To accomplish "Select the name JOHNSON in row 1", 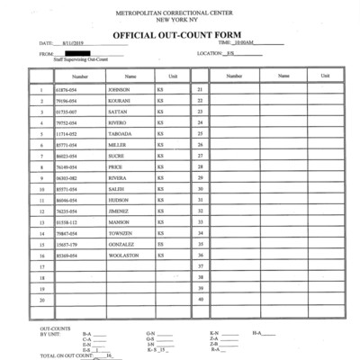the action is coord(119,90).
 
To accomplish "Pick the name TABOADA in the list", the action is coord(119,133).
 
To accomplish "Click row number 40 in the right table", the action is coord(200,299).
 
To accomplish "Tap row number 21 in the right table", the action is coord(200,90).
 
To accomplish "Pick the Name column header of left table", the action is coord(130,76).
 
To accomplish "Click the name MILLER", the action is coord(117,145).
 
